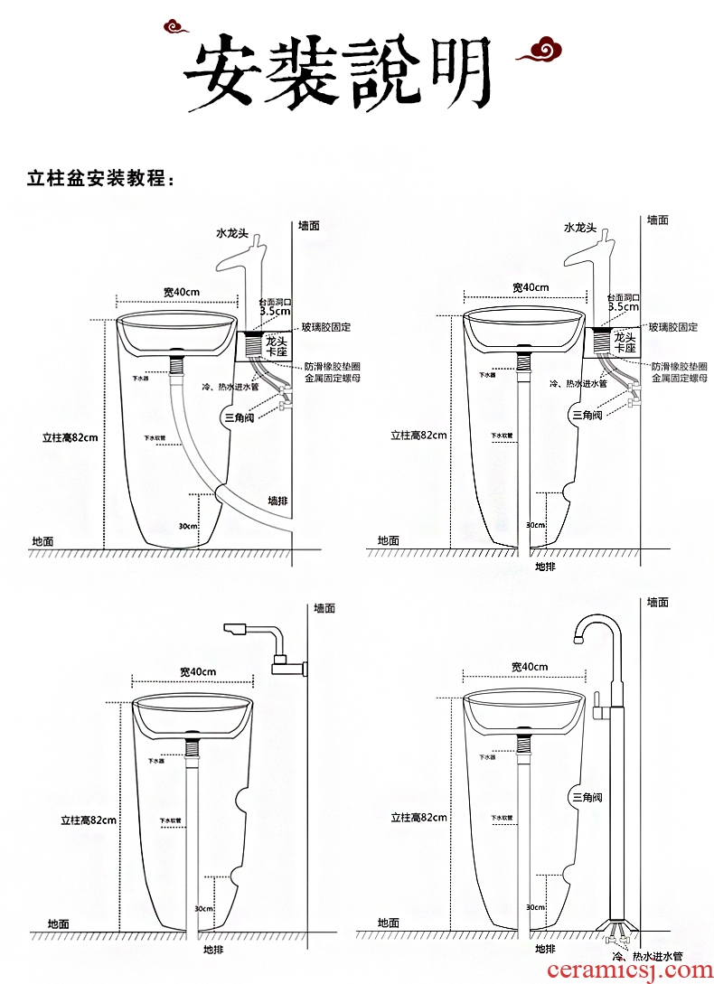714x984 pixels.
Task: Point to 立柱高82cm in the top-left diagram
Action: (70, 437)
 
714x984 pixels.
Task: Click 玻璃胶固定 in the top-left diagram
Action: (326, 327)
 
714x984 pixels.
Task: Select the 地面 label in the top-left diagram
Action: (42, 541)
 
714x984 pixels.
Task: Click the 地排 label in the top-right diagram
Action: (545, 567)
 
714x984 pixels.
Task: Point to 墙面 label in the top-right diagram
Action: (658, 220)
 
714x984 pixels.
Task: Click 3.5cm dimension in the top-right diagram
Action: (623, 307)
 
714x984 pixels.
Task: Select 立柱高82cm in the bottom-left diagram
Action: (89, 820)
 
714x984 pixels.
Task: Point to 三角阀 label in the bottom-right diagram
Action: (587, 797)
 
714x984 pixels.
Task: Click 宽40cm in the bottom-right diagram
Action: (530, 667)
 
